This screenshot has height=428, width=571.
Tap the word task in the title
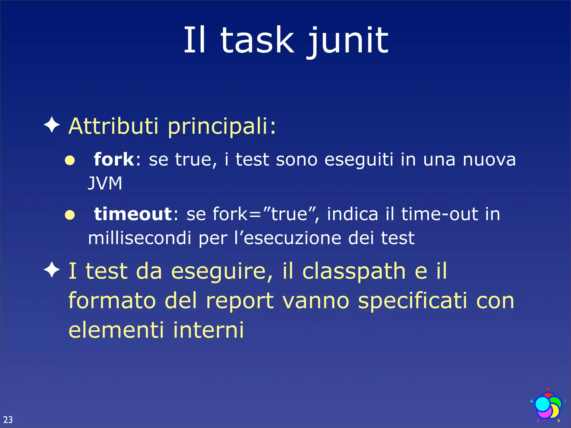(x=257, y=40)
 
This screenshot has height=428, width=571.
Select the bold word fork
(x=114, y=159)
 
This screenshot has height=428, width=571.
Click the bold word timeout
(x=133, y=214)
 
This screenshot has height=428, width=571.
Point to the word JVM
(x=105, y=183)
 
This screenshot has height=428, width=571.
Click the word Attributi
(x=113, y=126)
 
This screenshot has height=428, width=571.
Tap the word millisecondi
(x=139, y=238)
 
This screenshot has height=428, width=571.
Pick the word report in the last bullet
(x=240, y=301)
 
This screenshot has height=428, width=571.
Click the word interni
(x=208, y=330)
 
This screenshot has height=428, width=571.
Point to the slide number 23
(x=8, y=420)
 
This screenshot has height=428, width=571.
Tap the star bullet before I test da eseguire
(x=52, y=270)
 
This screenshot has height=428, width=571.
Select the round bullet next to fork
(x=70, y=160)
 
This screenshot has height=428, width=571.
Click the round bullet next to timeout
(x=70, y=215)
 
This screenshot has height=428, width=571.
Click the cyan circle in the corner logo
(x=543, y=404)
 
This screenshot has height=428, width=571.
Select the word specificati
(x=413, y=301)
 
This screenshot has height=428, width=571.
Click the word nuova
(x=489, y=160)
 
